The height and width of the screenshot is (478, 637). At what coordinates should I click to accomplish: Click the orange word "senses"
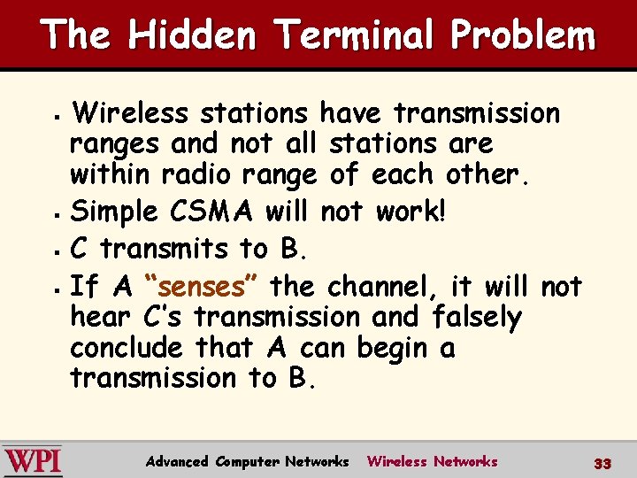(199, 287)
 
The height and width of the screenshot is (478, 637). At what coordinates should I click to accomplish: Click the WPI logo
(32, 460)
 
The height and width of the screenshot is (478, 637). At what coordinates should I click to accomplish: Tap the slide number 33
(602, 463)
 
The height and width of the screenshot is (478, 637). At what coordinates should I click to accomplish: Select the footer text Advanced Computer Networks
(247, 461)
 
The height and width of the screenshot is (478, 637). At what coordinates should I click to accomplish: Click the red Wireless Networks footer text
(432, 461)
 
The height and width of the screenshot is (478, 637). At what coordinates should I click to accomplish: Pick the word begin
(391, 348)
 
